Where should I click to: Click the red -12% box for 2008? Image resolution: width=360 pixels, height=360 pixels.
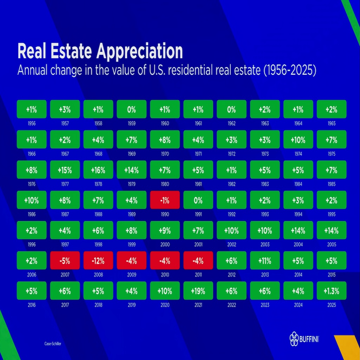[x=98, y=260]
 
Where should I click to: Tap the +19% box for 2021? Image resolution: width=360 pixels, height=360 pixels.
[x=198, y=291]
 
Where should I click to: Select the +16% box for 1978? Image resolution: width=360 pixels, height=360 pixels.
[x=98, y=170]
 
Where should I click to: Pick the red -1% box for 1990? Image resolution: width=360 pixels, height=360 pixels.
[x=165, y=200]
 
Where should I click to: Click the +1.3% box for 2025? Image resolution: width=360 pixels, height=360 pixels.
[x=332, y=291]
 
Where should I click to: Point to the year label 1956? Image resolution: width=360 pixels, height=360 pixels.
[x=32, y=124]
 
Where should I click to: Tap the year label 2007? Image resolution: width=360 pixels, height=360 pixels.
[x=65, y=275]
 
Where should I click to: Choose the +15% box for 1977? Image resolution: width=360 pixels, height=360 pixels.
[x=65, y=170]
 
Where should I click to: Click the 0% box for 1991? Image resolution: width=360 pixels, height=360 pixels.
[x=198, y=200]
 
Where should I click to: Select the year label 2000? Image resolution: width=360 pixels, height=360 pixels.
[x=165, y=244]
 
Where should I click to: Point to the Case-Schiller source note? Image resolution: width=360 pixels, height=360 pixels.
[x=53, y=344]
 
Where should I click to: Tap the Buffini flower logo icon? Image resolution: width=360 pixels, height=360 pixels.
[x=294, y=339]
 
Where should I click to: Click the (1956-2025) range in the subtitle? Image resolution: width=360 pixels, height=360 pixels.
[x=290, y=71]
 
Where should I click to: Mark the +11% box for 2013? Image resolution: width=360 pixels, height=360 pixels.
[x=265, y=260]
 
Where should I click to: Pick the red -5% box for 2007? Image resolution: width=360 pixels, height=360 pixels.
[x=65, y=260]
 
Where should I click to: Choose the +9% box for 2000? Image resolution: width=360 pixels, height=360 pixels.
[x=165, y=230]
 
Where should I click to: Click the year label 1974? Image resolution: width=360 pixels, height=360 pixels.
[x=298, y=154]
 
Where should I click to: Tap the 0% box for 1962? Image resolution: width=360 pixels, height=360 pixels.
[x=232, y=109]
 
